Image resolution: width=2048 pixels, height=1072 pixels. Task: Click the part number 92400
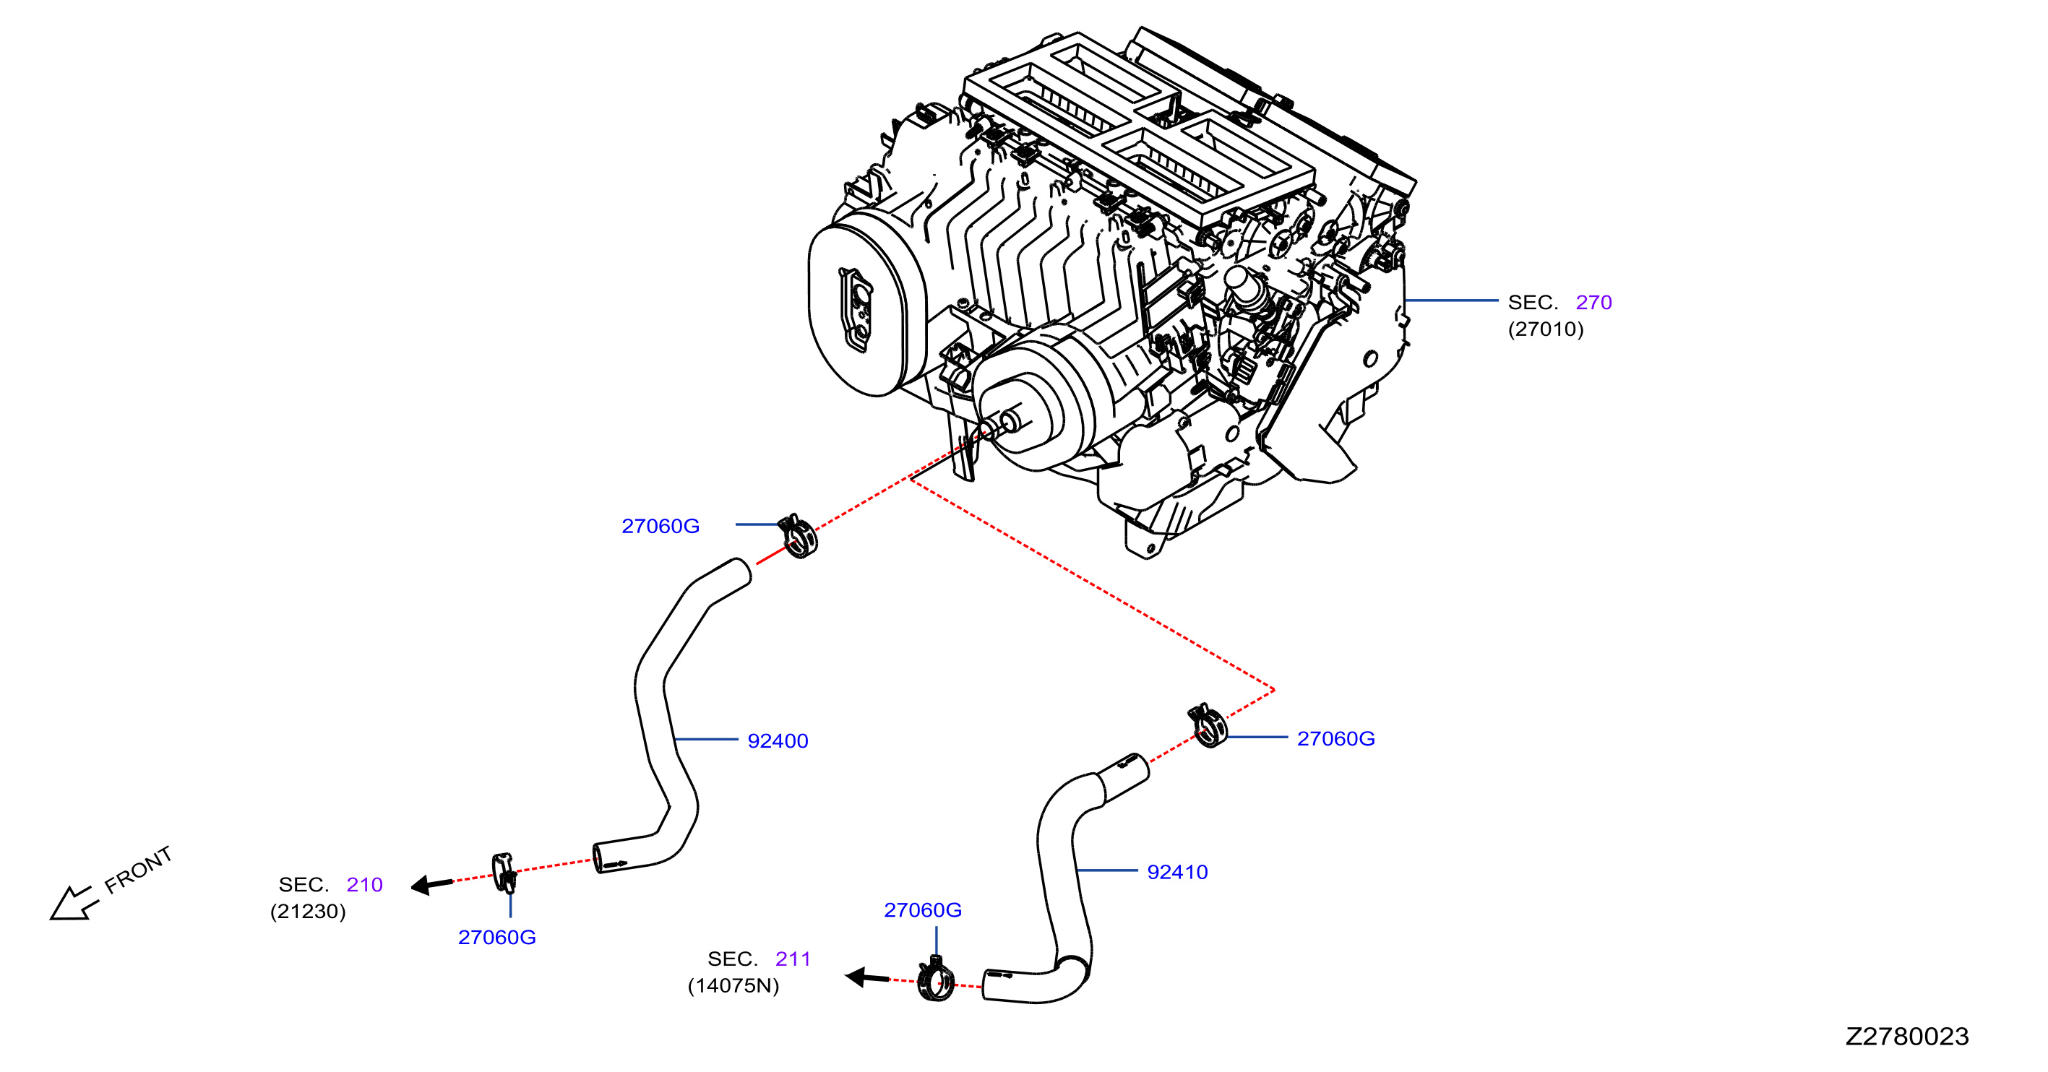coord(778,740)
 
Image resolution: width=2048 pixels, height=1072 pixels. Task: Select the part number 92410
coord(1177,872)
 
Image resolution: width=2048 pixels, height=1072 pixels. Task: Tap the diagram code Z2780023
coord(1906,1036)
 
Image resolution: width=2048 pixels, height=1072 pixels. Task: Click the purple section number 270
coord(1593,302)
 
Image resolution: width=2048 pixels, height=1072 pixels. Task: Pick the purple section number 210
coord(364,884)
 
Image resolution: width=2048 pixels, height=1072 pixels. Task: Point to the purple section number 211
coord(793,959)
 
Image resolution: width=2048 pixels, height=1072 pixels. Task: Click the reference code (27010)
coord(1546,329)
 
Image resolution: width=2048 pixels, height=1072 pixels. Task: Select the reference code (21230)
coord(308,912)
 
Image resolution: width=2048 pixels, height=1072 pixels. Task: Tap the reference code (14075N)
coord(733,985)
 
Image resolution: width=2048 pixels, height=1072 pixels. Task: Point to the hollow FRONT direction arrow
coord(73,904)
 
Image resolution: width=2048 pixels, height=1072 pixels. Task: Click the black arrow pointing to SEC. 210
coord(431,883)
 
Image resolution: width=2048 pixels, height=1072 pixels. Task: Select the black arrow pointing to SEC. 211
coord(866,977)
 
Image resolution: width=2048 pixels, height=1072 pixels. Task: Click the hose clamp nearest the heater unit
coord(797,537)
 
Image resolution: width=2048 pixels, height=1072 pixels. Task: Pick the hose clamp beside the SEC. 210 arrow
coord(504,873)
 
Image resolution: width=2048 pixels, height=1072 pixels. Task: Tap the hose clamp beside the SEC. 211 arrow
coord(935,980)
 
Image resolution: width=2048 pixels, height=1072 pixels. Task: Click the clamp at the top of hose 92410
coord(1207,725)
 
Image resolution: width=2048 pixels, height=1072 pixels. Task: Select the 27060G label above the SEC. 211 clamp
coord(922,910)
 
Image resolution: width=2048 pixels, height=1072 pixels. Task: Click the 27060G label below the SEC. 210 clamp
coord(497,937)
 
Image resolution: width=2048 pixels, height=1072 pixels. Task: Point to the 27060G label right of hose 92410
coord(1335,738)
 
